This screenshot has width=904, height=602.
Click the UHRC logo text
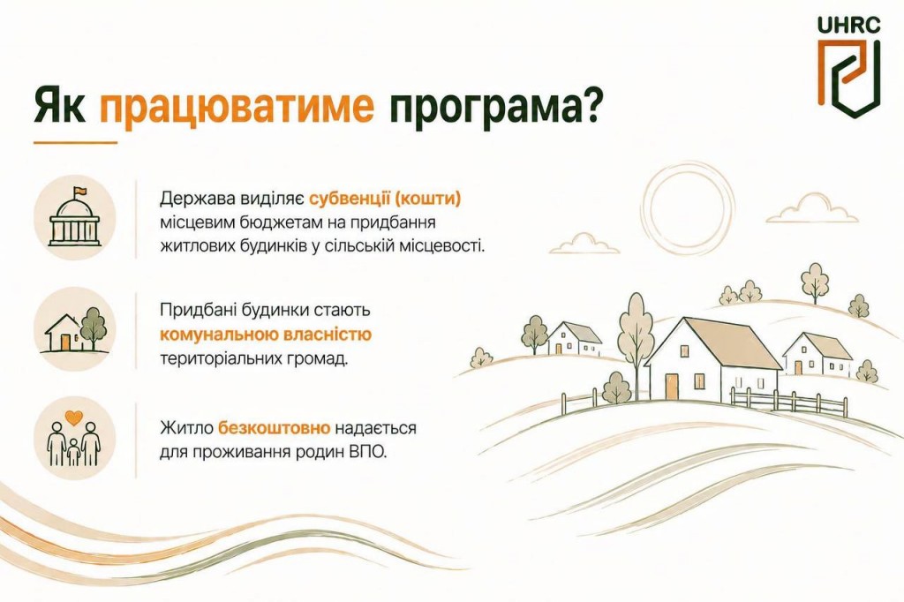848,25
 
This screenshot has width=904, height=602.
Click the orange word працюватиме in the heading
237,107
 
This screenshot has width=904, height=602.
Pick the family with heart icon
74,438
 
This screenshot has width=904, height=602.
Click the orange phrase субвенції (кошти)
385,199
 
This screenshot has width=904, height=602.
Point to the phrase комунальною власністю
266,335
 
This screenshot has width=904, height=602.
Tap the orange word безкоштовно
274,428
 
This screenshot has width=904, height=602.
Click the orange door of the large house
671,387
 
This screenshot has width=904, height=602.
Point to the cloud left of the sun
584,244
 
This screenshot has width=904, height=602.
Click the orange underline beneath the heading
75,142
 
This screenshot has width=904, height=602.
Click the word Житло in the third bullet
186,428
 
